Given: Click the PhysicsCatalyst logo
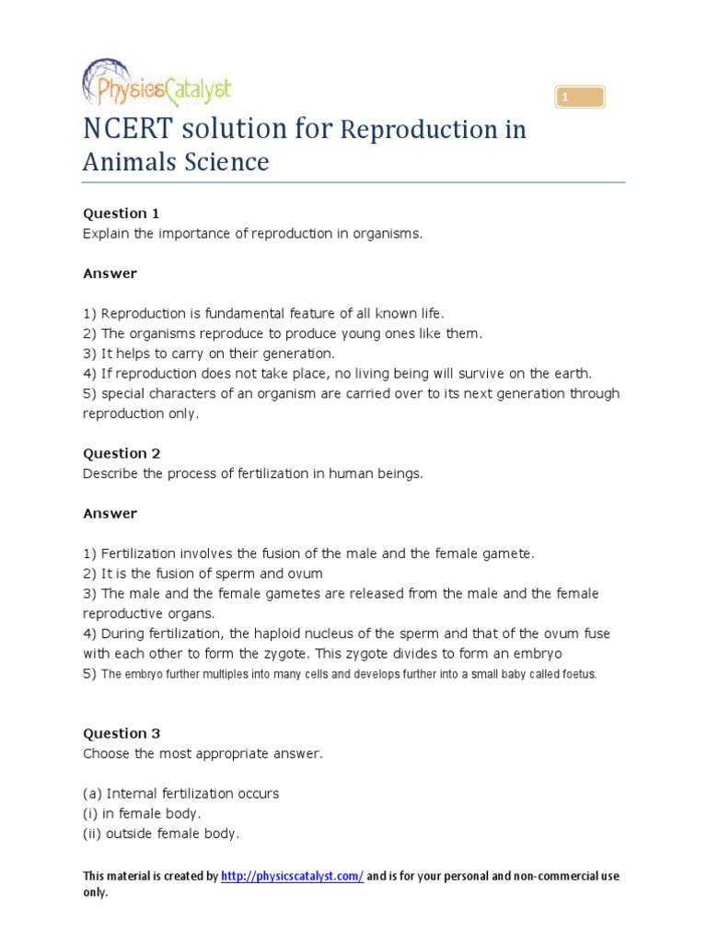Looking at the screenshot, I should (156, 87).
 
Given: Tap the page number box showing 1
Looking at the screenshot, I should (579, 97).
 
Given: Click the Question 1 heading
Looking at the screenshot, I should (122, 214).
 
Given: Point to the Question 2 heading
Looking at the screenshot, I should (122, 453).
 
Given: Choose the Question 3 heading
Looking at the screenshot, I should (122, 734).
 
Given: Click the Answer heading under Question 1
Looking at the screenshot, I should (110, 274).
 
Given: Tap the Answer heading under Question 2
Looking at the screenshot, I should (110, 513).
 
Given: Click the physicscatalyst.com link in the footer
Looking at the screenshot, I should (292, 877).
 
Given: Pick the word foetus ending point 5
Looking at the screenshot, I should (578, 674).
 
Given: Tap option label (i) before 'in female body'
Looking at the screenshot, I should (89, 813).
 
